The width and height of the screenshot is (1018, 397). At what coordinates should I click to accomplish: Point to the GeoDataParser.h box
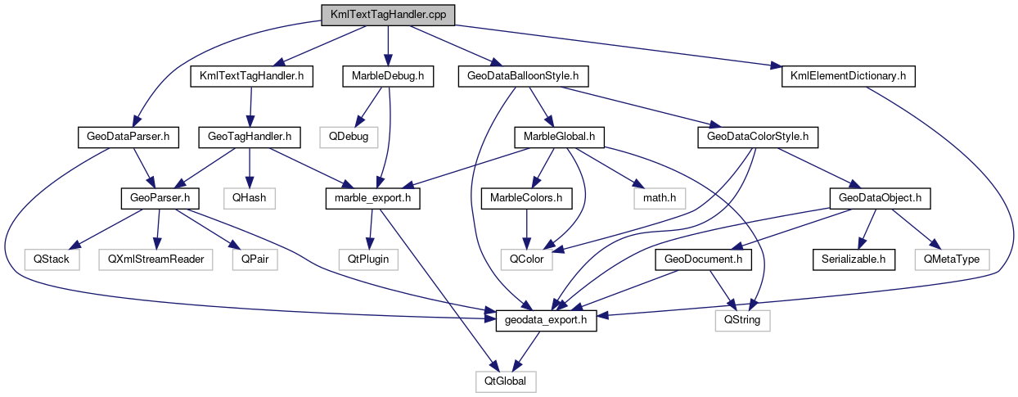[127, 137]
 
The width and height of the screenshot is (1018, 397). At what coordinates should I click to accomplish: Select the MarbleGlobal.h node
[559, 137]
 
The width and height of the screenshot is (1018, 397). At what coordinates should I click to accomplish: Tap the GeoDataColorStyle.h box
[758, 137]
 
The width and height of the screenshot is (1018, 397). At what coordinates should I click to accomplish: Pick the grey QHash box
[250, 197]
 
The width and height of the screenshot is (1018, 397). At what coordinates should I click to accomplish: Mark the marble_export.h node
[372, 197]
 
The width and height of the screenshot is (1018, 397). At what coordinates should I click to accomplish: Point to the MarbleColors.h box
[526, 197]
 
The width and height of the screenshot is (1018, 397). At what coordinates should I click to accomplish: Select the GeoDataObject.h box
[880, 197]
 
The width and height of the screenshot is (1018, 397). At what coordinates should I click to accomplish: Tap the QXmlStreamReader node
[155, 259]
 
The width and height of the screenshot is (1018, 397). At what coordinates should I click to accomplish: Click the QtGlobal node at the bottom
[507, 381]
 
